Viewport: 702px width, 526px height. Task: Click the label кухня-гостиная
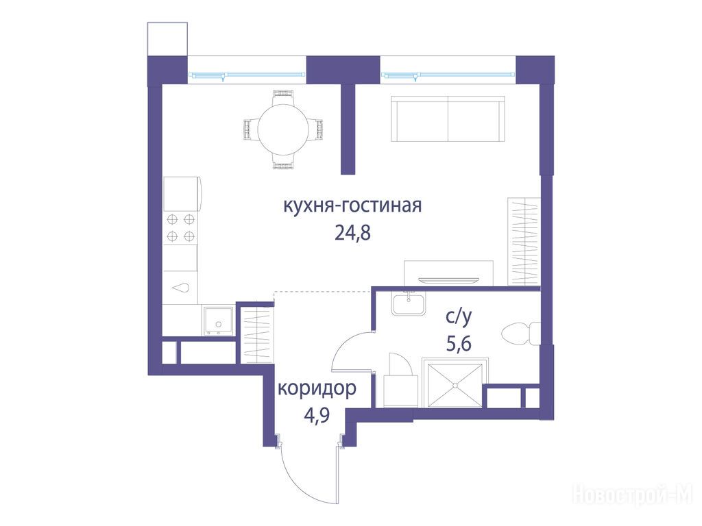pos(352,206)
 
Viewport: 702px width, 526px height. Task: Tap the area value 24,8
pos(353,233)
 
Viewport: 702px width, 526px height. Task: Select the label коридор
pos(317,388)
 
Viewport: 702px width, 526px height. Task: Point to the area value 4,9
pos(317,416)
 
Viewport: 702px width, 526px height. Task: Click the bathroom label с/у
pos(459,316)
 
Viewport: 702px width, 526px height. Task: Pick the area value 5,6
pos(459,344)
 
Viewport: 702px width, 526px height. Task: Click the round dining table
pos(283,129)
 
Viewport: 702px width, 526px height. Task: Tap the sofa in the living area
pos(448,118)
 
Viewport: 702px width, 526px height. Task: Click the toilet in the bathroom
pos(521,334)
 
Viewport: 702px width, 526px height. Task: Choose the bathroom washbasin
pos(409,303)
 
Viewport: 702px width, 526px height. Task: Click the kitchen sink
pos(218,321)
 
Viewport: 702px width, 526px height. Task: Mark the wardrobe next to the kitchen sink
pos(256,334)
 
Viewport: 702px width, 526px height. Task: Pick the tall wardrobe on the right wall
pos(524,242)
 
